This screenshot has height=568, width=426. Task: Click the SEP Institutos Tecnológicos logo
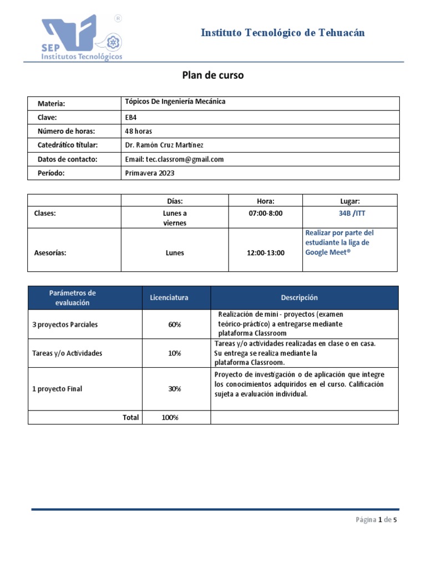(x=82, y=38)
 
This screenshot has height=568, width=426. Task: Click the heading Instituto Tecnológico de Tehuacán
(x=283, y=33)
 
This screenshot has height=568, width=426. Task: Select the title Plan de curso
(x=213, y=75)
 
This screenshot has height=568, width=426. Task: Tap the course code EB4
(x=131, y=117)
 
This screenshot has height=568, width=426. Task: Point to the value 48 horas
(x=139, y=131)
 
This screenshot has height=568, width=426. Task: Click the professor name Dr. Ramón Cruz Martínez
(x=165, y=145)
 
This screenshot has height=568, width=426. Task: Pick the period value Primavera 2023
(x=150, y=173)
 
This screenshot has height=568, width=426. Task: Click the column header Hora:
(x=266, y=201)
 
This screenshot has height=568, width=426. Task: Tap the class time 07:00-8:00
(x=266, y=213)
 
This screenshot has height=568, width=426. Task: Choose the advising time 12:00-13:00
(x=266, y=253)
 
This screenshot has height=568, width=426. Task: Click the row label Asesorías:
(x=50, y=253)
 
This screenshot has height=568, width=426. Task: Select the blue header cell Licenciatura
(x=169, y=298)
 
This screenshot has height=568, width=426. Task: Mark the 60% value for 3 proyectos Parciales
(x=175, y=324)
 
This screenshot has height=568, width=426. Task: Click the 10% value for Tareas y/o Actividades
(x=175, y=353)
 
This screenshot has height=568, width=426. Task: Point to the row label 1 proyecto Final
(x=57, y=389)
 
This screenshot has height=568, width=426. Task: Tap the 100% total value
(x=170, y=418)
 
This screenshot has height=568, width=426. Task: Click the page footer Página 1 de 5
(x=376, y=520)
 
